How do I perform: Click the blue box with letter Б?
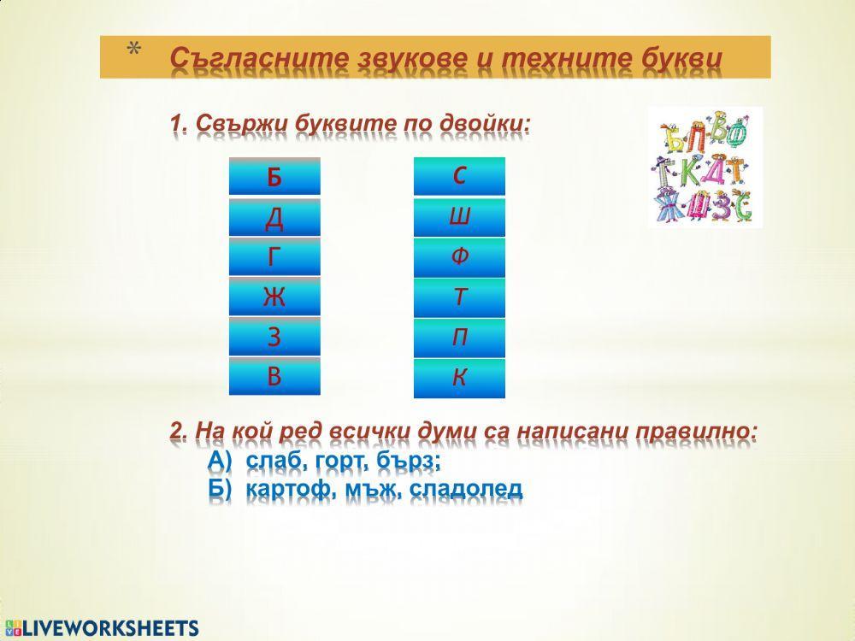[x=274, y=177]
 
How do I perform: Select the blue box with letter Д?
[x=274, y=218]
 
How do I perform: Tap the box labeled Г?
[x=274, y=257]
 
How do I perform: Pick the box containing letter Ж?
[x=274, y=297]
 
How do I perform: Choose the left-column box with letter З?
[x=274, y=338]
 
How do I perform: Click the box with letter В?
[x=274, y=377]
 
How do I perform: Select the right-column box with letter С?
[x=459, y=177]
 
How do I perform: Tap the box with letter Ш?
[x=459, y=218]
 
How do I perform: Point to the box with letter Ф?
[x=459, y=257]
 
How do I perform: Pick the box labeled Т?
[x=459, y=297]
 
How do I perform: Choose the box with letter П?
[x=459, y=338]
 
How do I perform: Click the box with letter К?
[x=459, y=378]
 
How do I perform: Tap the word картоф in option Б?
[x=282, y=489]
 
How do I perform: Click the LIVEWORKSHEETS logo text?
[x=109, y=628]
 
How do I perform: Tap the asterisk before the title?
[x=133, y=50]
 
